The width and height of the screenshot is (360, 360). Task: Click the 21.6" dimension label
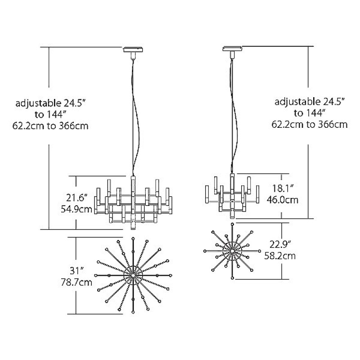76,198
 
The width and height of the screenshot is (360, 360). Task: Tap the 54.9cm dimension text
76,209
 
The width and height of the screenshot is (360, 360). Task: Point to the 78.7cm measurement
76,282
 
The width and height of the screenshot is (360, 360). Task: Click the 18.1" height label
283,189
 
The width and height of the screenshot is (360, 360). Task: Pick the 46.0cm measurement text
283,200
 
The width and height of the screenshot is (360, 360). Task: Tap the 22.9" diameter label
280,245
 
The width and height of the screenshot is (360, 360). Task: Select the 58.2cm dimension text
280,256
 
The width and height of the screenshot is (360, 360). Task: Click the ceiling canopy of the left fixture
133,49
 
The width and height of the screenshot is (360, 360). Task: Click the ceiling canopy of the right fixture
232,49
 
